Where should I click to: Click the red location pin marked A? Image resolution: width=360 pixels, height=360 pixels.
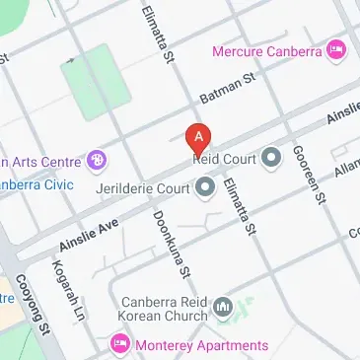(199, 135)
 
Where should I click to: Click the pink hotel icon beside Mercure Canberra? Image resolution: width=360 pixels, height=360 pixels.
(337, 47)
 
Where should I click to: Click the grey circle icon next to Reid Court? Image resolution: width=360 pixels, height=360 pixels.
(272, 157)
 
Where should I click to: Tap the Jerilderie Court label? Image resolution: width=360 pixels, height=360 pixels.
(143, 185)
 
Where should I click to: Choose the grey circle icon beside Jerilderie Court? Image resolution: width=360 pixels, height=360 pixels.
(206, 185)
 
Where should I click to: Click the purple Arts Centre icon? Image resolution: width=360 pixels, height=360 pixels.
(96, 159)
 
